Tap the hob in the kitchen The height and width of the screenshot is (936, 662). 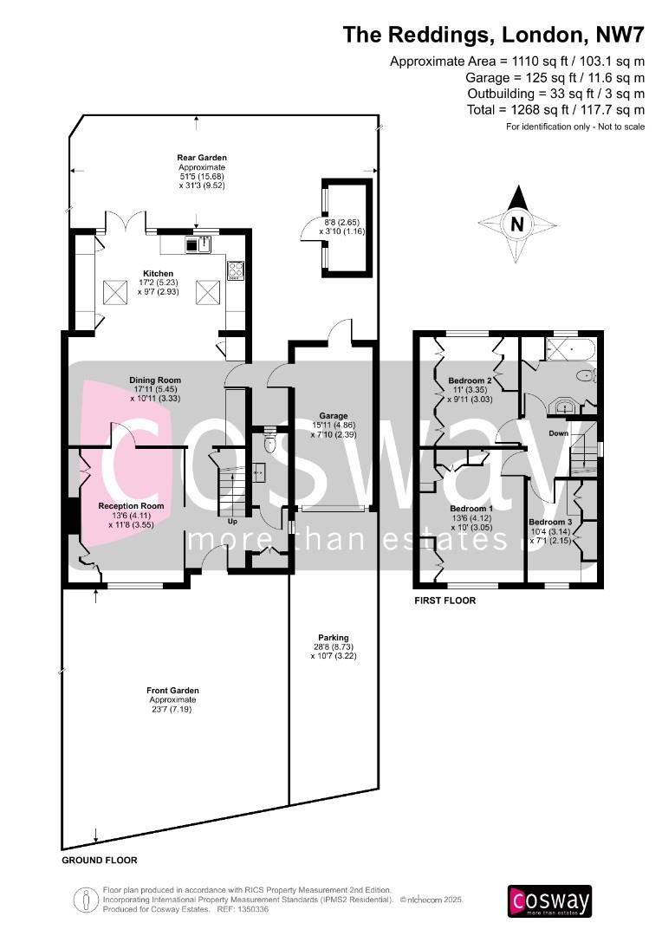coord(235,270)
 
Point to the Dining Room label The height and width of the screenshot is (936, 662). coord(155,380)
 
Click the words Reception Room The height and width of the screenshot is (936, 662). coord(131,505)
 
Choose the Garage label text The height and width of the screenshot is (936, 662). coord(333,415)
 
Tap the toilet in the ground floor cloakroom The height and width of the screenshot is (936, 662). coord(269,443)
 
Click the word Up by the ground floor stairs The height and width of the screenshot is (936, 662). coord(231,522)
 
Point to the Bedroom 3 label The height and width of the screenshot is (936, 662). coord(550,522)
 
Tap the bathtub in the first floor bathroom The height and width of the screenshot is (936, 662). coord(569,352)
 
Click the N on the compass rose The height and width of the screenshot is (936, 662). coord(517,224)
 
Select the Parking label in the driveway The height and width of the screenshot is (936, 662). coord(333,637)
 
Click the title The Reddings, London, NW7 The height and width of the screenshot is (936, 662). coord(494,34)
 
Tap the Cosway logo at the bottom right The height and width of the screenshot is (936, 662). coord(549,900)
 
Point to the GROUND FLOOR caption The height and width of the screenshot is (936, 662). coord(99,861)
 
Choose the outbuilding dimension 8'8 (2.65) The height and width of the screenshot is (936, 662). coord(336,222)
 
